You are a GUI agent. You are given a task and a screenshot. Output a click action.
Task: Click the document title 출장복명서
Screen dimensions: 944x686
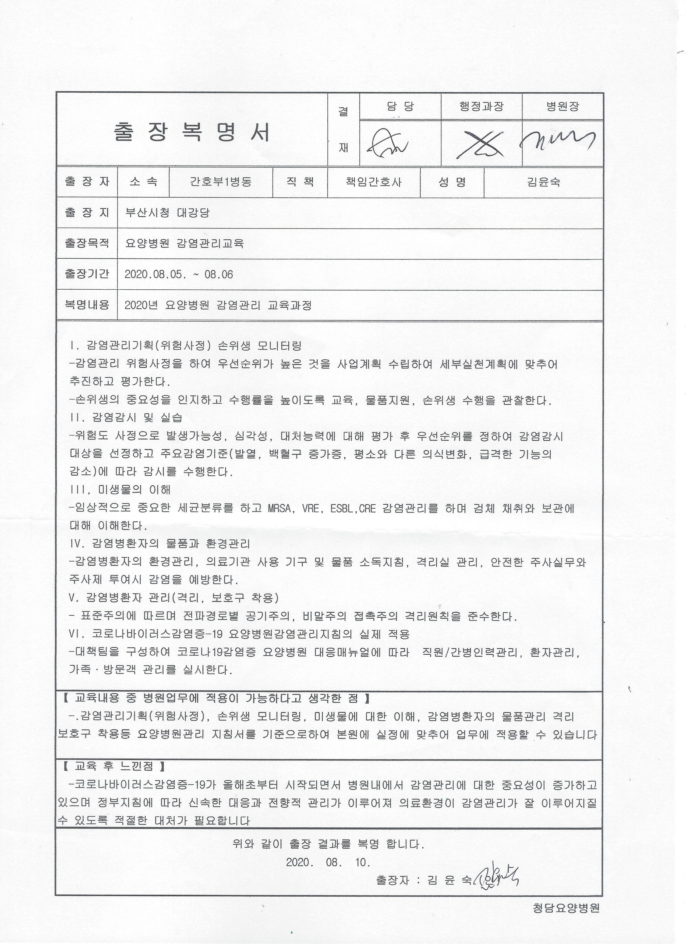point(192,132)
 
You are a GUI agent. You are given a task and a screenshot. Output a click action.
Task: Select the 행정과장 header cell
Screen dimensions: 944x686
point(481,107)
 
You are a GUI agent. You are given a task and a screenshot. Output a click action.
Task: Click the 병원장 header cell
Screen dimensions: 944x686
point(563,107)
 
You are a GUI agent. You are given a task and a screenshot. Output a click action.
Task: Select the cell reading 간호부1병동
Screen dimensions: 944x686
point(221,182)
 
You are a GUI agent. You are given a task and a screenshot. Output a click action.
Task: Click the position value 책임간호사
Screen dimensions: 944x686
point(374,182)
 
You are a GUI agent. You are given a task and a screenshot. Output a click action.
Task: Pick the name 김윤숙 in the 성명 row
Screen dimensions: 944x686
point(543,182)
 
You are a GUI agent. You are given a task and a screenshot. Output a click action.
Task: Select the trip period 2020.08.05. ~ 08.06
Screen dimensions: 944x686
point(179,274)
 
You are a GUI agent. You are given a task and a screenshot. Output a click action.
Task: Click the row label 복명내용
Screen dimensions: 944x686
point(87,305)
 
